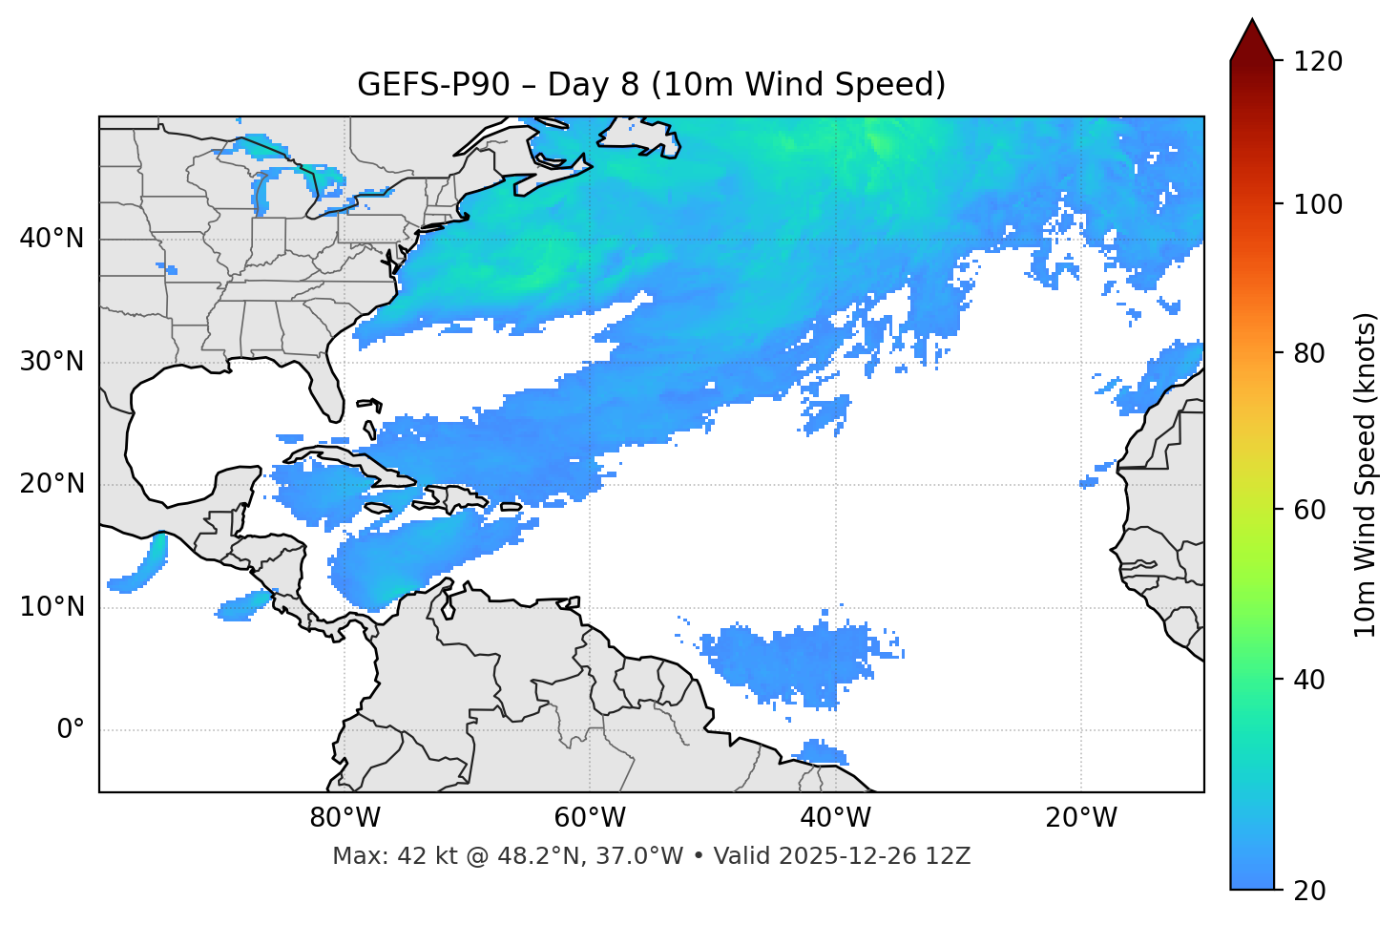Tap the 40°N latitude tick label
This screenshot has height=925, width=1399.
52,239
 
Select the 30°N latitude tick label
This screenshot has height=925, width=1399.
52,362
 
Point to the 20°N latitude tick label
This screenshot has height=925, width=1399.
52,484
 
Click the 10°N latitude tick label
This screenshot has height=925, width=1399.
52,607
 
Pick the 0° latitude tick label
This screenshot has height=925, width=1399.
71,730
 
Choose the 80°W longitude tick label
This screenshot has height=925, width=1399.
345,818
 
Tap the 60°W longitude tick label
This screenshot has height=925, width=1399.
590,818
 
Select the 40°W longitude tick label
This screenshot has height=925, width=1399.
835,818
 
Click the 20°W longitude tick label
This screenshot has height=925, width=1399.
1080,818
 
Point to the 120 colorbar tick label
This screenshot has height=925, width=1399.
1317,62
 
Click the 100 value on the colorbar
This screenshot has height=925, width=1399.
1317,204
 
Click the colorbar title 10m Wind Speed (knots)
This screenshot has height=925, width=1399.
1366,474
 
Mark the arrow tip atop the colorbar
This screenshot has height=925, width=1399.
1252,21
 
